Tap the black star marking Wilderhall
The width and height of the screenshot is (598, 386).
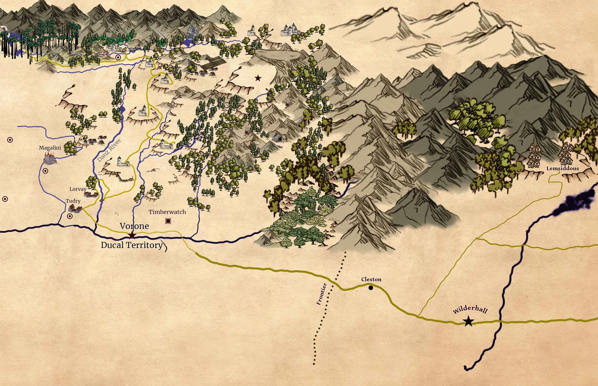coord(468,322)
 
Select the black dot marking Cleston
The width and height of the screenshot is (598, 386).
coord(371,288)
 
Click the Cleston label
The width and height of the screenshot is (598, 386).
coord(371,279)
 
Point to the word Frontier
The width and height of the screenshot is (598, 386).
coord(321,294)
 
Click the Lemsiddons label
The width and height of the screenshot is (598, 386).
coord(562,169)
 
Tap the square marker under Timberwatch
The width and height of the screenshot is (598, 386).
coord(168,221)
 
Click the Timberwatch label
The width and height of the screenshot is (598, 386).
coord(167,212)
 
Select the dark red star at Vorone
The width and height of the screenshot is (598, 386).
coord(132,235)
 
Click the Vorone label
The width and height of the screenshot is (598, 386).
coord(134,226)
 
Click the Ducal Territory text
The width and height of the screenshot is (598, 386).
coord(132,245)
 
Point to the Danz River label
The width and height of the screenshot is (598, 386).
coord(109,150)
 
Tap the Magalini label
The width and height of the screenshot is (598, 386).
coord(50,148)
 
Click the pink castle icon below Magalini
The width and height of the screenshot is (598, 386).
coord(50,158)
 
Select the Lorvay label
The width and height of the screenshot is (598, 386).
coord(78,189)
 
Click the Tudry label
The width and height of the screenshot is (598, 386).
coord(73,201)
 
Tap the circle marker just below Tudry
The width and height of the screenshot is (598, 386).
coord(70,216)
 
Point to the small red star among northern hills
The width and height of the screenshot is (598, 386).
coord(258,78)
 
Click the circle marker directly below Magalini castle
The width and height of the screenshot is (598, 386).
coord(45,171)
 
